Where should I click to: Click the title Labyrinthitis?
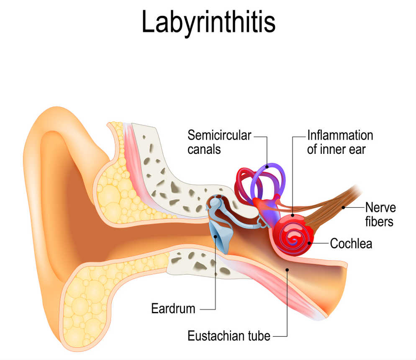point(208,23)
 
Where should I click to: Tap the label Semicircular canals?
point(219,142)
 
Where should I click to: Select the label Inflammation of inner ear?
point(340,142)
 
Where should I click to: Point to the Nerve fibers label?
point(380,214)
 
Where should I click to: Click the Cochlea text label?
point(351,243)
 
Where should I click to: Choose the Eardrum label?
point(173,309)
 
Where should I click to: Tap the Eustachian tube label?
point(229,336)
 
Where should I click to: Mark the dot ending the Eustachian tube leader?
point(288,270)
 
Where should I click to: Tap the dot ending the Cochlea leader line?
point(309,243)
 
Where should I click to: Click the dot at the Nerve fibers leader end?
point(343,207)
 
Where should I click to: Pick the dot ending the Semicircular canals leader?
point(267,167)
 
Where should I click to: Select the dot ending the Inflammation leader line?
point(293,215)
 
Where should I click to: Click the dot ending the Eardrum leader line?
point(216,237)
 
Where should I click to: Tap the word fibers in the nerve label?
point(379,222)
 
